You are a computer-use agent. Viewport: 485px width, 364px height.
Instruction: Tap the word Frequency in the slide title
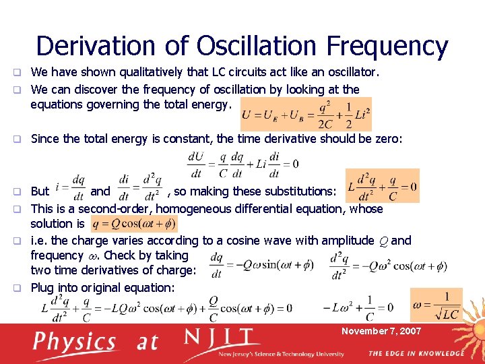(387, 46)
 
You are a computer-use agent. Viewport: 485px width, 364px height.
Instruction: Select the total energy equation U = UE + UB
(306, 115)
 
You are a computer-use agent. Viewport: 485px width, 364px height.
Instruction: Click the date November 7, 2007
(381, 331)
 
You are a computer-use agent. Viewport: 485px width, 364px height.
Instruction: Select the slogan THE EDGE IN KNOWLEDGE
(416, 353)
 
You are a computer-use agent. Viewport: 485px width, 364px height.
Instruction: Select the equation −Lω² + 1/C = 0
(358, 307)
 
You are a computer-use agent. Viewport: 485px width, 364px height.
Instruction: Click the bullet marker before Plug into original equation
(22, 288)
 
